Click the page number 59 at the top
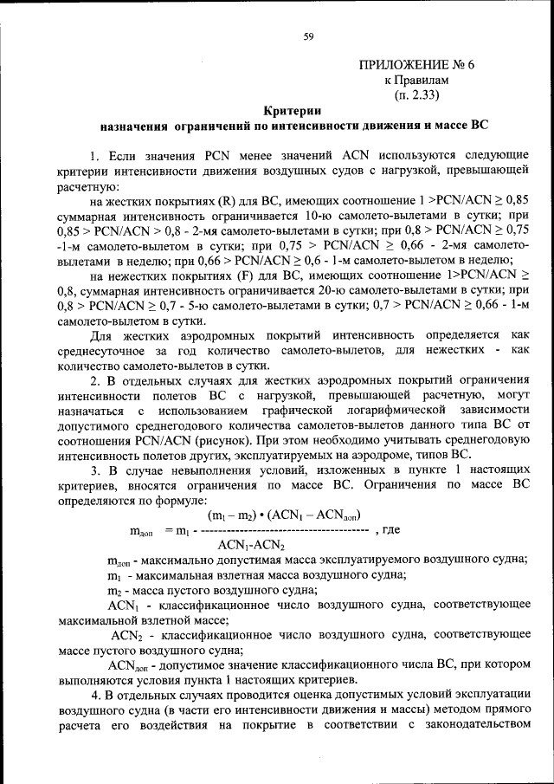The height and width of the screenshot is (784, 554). pos(308,36)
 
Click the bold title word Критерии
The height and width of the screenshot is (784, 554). pos(293,110)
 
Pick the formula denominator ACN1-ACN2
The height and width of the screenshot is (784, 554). pos(250,544)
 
